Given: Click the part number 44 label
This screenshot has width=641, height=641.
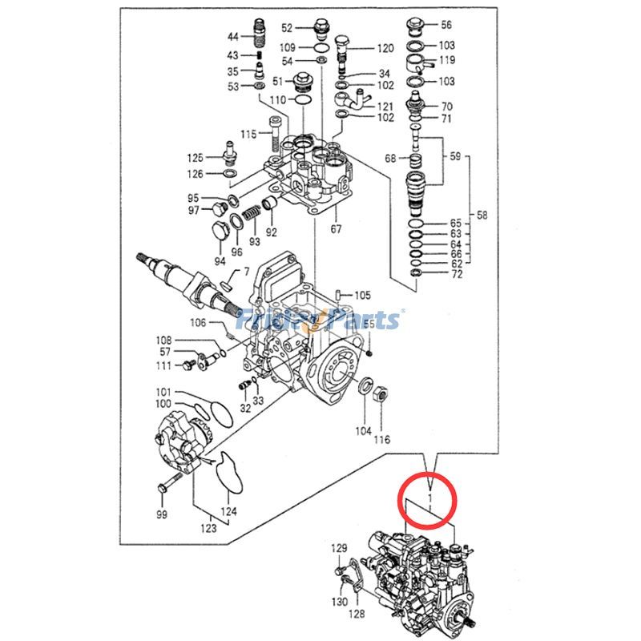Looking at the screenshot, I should click(232, 37).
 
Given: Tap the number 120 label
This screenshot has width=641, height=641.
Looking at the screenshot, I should click(386, 48).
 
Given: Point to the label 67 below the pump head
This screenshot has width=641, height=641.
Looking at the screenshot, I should click(336, 230).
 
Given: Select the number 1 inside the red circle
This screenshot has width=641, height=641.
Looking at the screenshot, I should click(431, 499).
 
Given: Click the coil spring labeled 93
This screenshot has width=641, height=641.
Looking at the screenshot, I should click(251, 215).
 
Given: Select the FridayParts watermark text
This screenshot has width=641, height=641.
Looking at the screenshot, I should click(320, 320).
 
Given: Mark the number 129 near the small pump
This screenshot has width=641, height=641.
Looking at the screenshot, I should click(341, 548).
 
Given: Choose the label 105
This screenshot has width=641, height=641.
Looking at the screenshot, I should click(363, 295).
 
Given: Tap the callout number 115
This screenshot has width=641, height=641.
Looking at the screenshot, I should click(249, 133).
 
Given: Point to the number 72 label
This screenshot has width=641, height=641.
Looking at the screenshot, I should click(456, 275).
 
